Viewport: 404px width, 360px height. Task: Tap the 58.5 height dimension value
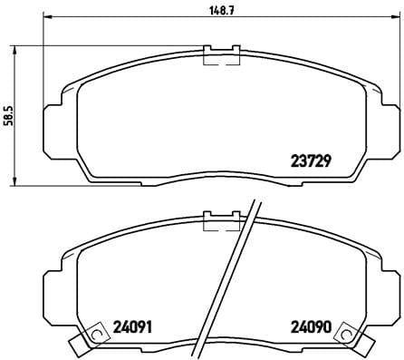click(x=8, y=117)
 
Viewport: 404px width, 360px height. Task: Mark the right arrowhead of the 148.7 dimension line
click(x=393, y=17)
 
